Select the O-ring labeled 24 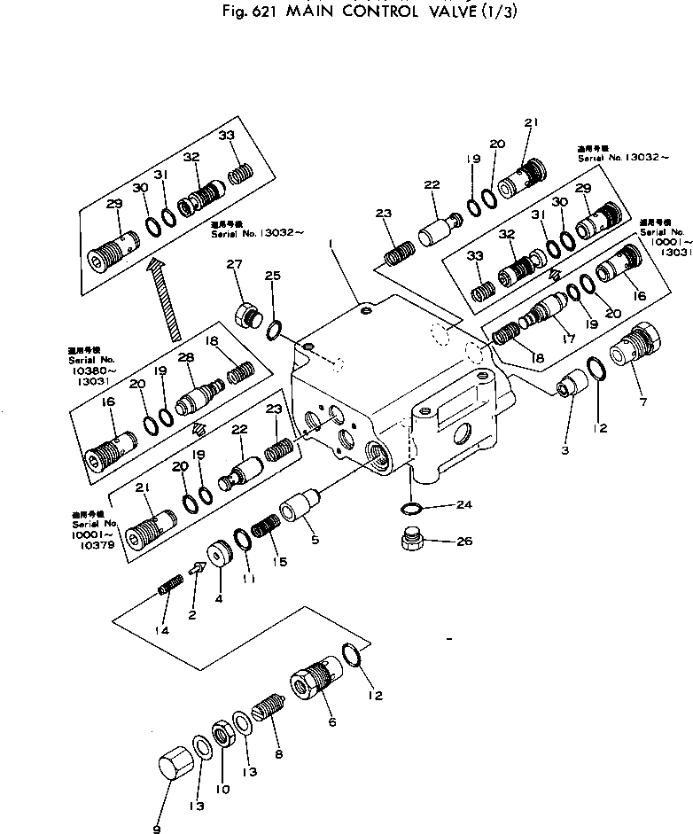tap(409, 508)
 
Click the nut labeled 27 tap(247, 313)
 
